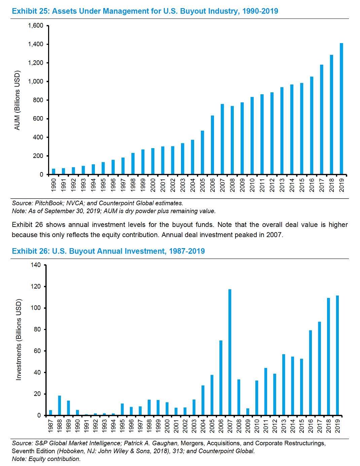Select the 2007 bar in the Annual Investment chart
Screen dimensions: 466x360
pos(230,352)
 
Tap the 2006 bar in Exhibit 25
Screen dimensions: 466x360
pos(213,145)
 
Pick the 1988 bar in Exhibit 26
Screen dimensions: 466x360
pos(60,405)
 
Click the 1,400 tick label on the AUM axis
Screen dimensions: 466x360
pos(36,44)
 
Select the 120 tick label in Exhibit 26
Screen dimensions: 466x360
pos(36,287)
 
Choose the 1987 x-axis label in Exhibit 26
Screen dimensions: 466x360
pos(51,426)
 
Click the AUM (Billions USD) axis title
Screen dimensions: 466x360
pos(17,100)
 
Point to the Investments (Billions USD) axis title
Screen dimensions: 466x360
pos(19,339)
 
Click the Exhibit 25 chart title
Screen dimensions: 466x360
pos(145,11)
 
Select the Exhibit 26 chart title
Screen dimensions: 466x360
pos(108,251)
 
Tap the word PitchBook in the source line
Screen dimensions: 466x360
pos(49,203)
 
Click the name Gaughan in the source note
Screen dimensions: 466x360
pos(165,443)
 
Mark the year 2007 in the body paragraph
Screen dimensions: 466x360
pos(274,235)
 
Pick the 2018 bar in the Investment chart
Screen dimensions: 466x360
pos(328,357)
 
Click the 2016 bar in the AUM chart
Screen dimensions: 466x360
pos(312,126)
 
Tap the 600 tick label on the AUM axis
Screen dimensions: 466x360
pos(38,119)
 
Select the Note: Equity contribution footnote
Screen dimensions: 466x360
pos(46,459)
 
